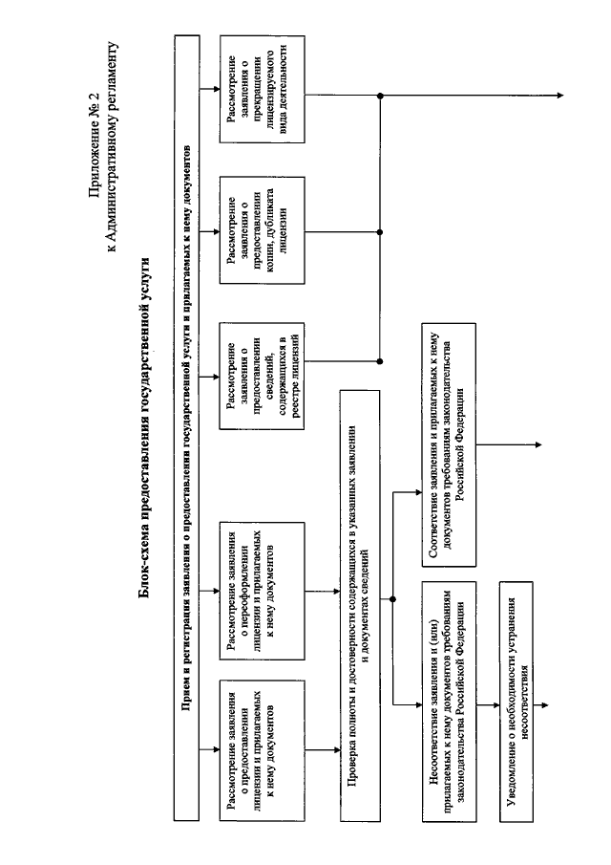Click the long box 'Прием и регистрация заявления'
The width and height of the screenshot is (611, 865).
(187, 427)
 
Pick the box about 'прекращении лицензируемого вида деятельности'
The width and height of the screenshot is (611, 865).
(263, 90)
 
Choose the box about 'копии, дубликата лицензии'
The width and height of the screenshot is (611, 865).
(263, 230)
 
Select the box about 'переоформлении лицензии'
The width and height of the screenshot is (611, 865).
(263, 591)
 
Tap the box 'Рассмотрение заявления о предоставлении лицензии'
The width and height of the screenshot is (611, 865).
(263, 750)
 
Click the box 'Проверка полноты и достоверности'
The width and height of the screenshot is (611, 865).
(360, 606)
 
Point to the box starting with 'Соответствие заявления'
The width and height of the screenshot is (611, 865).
(449, 444)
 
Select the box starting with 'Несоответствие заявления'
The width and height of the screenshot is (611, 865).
(449, 702)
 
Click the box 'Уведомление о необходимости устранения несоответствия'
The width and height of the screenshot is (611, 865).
(516, 702)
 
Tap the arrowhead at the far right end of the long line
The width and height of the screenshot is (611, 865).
(560, 96)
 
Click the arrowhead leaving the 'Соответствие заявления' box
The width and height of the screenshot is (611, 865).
(538, 444)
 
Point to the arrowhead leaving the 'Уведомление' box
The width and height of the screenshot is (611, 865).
(545, 705)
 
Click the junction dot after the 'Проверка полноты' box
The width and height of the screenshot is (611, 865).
(392, 599)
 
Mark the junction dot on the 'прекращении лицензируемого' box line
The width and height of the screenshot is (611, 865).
(380, 96)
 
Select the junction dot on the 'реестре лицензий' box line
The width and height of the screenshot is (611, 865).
(380, 361)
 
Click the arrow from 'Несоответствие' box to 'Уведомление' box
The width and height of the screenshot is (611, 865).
(488, 705)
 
